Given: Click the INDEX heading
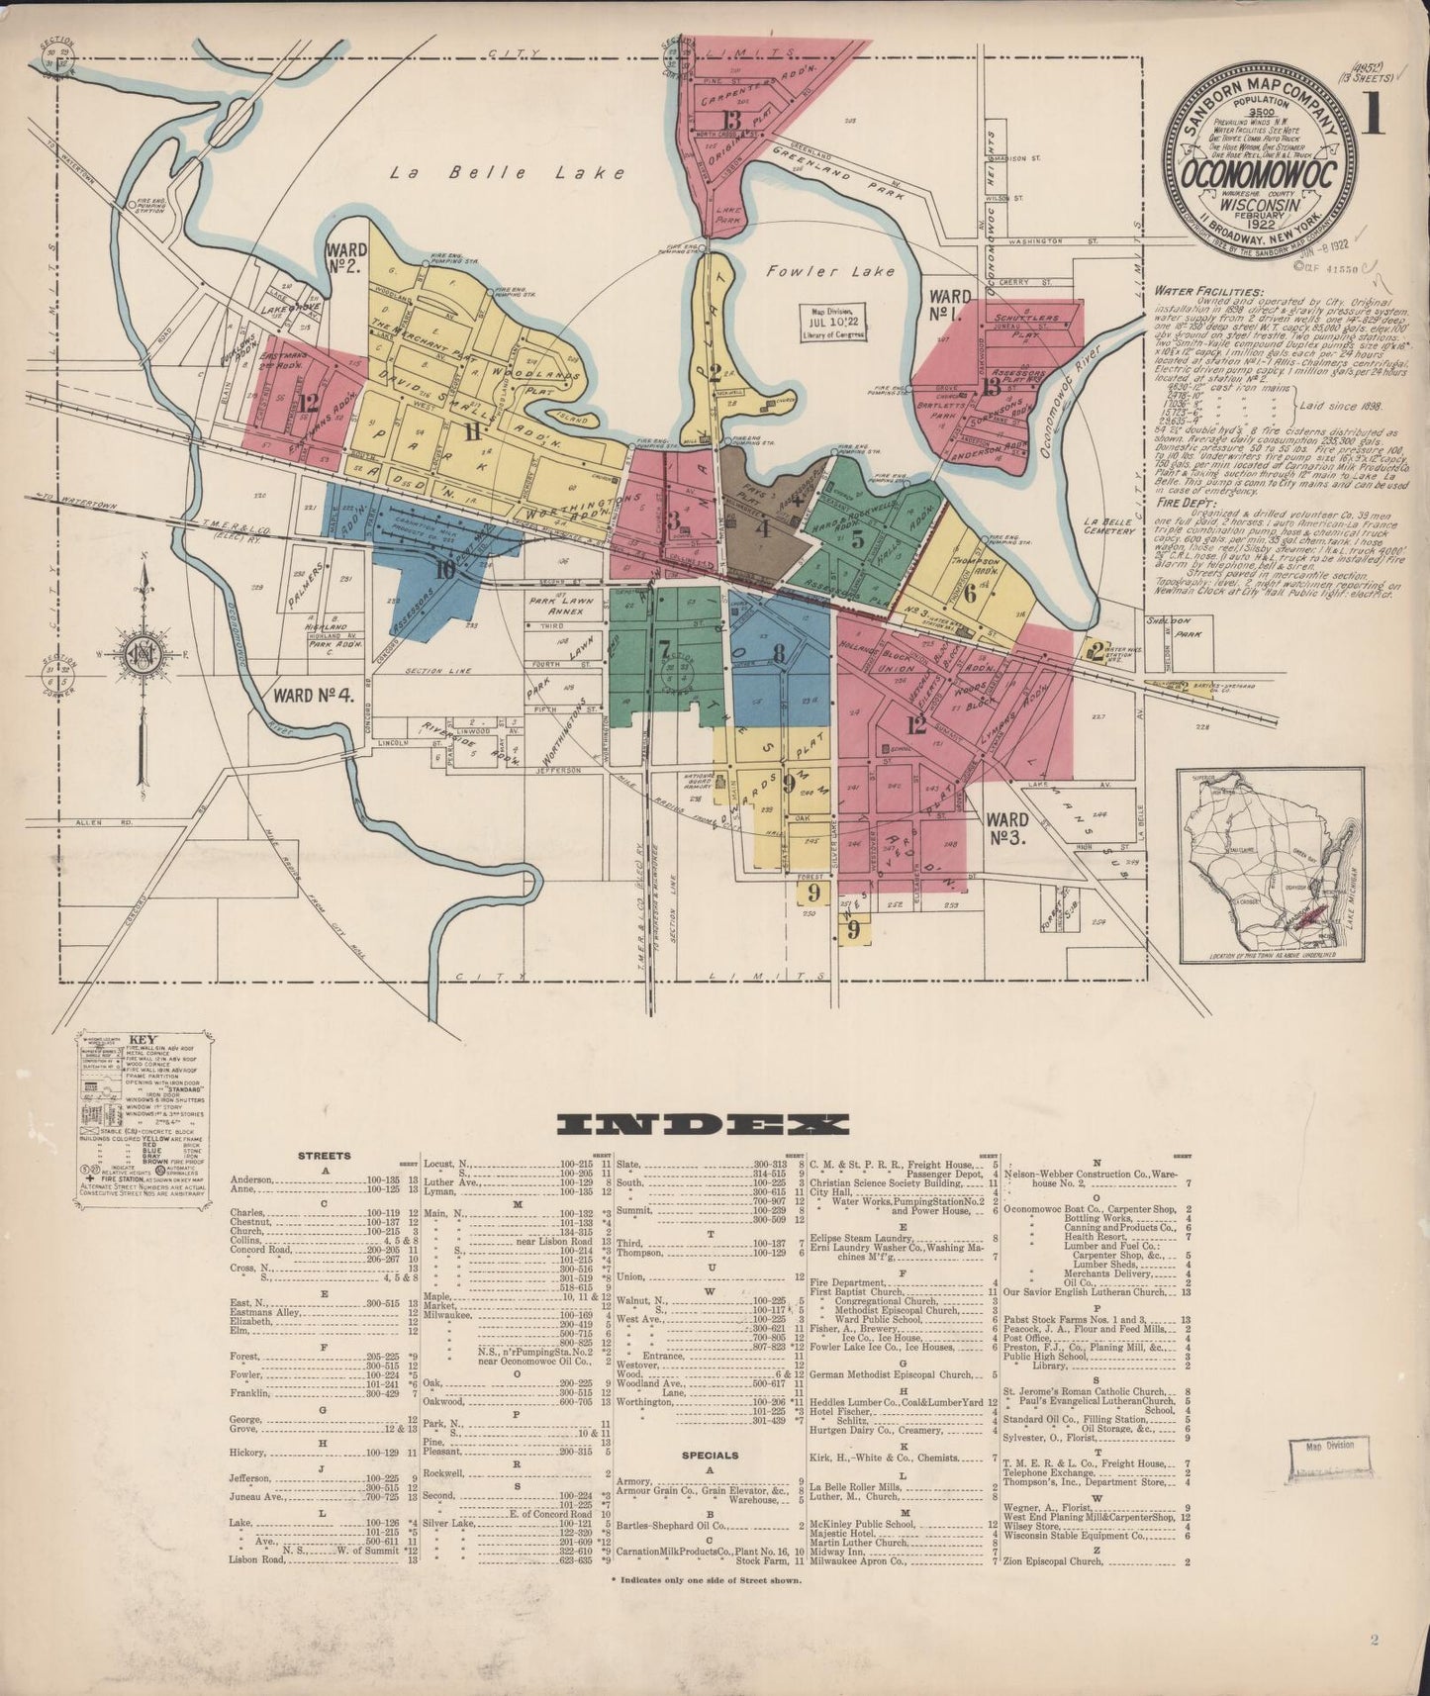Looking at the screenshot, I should click(704, 1123).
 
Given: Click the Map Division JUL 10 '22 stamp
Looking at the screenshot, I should click(832, 322).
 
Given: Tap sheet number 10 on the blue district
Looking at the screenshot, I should click(444, 568).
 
